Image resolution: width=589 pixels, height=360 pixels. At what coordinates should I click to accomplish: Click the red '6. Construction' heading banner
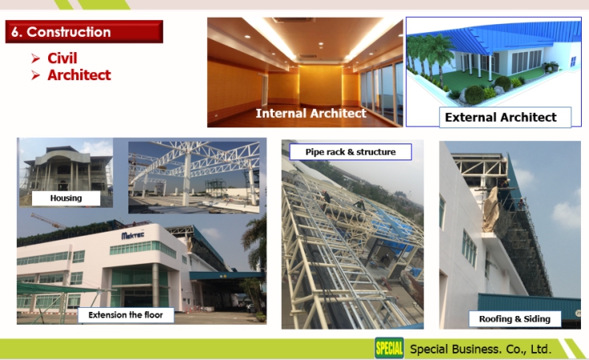pyautogui.click(x=84, y=31)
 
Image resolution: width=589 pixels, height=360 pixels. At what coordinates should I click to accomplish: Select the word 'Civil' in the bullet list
pyautogui.click(x=63, y=59)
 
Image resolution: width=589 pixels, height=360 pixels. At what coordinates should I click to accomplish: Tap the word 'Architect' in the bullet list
pyautogui.click(x=79, y=75)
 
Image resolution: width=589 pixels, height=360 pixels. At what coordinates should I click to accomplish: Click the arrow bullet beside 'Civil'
pyautogui.click(x=35, y=59)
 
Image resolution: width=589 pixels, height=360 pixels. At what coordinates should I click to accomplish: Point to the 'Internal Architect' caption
pyautogui.click(x=311, y=113)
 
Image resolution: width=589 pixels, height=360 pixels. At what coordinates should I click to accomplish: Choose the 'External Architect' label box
pyautogui.click(x=505, y=117)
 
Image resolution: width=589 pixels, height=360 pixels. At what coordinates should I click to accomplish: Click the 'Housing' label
pyautogui.click(x=66, y=198)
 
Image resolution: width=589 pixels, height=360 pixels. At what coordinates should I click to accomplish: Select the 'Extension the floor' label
pyautogui.click(x=126, y=315)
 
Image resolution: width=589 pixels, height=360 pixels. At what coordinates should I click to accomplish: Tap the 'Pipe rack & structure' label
pyautogui.click(x=351, y=152)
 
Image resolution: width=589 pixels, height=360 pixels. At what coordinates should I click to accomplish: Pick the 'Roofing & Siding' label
pyautogui.click(x=514, y=319)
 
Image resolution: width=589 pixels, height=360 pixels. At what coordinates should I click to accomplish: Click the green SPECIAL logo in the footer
pyautogui.click(x=389, y=348)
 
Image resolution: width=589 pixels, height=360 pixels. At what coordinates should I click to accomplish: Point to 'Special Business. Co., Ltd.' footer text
pyautogui.click(x=481, y=349)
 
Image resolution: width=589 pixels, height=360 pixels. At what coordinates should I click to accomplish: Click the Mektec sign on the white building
pyautogui.click(x=133, y=236)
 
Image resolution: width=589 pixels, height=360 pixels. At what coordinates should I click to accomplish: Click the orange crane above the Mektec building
pyautogui.click(x=48, y=220)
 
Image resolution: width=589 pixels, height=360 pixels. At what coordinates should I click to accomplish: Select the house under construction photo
pyautogui.click(x=66, y=172)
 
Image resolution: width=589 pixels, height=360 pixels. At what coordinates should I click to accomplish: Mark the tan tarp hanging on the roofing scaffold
pyautogui.click(x=492, y=210)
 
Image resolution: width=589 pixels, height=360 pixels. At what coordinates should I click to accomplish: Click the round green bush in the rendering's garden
pyautogui.click(x=475, y=95)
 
